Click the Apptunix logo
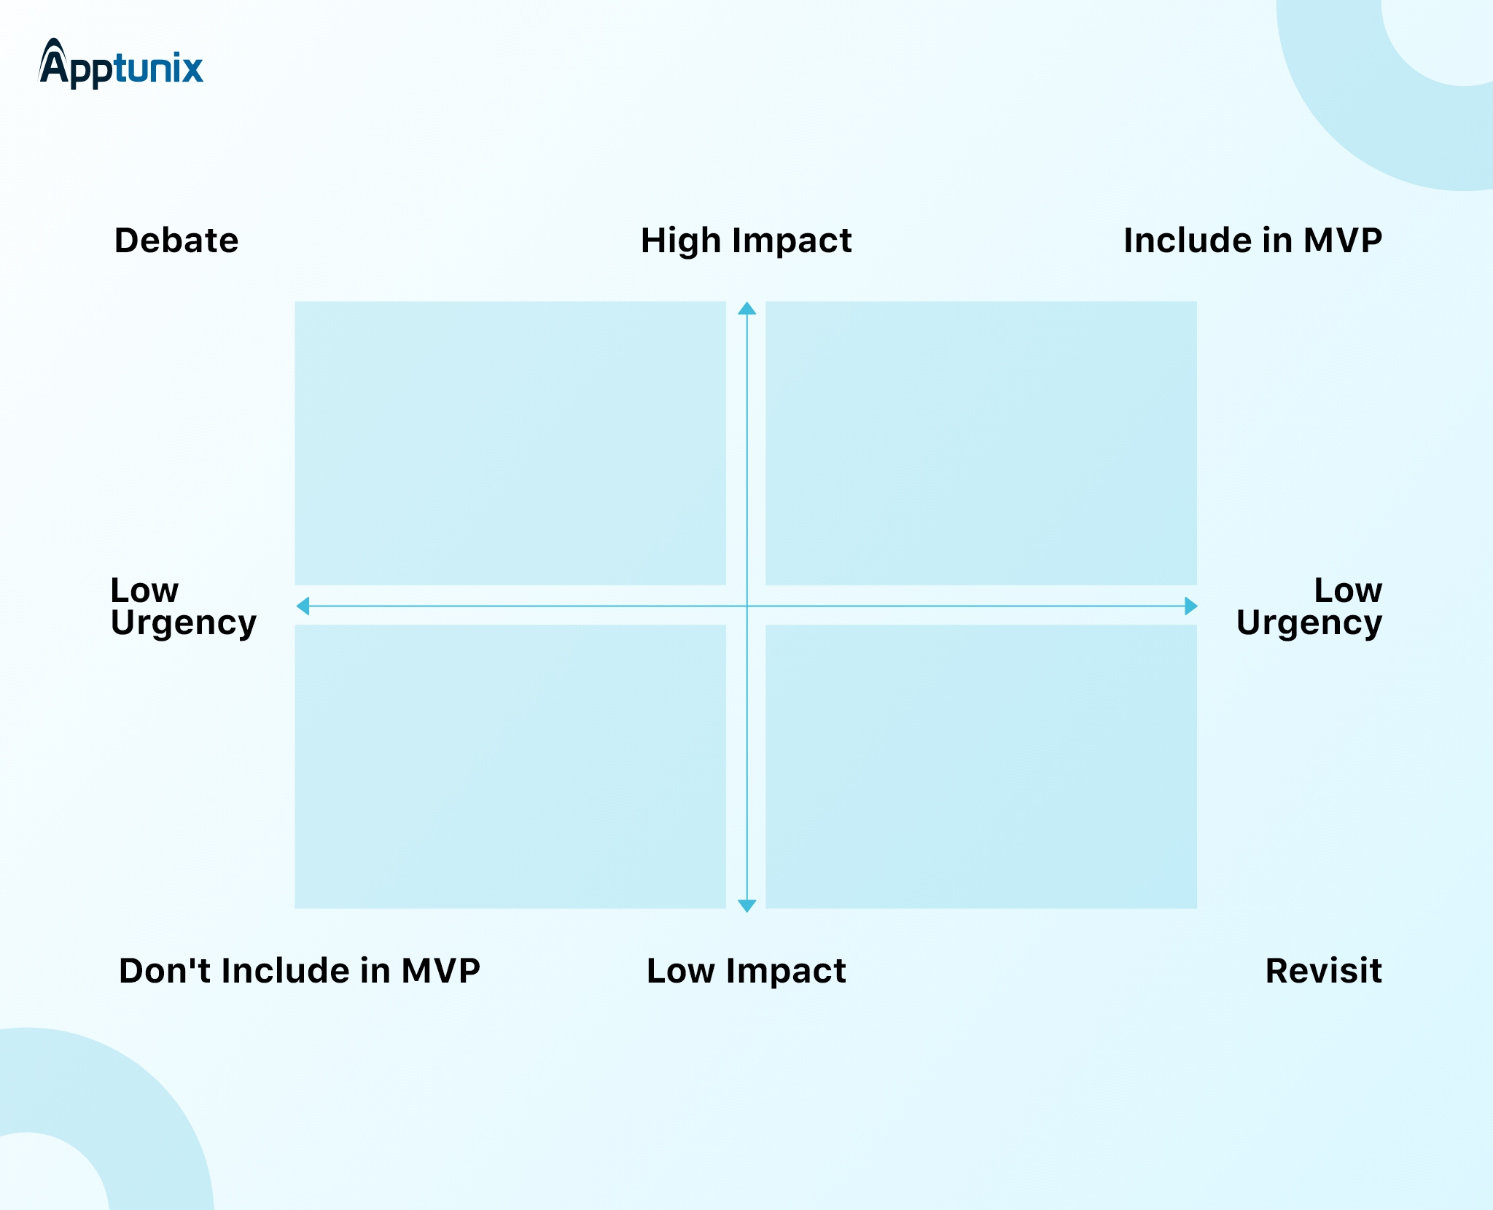tap(121, 63)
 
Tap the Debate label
tap(176, 241)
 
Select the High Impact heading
tap(746, 241)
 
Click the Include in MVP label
tap(1252, 241)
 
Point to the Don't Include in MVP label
tap(300, 971)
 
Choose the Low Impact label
tap(746, 972)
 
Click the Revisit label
tap(1323, 971)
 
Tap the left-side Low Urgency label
tap(184, 606)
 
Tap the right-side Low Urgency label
tap(1309, 606)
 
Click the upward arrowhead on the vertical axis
tap(747, 308)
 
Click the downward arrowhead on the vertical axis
tap(747, 905)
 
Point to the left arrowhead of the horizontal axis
tap(303, 606)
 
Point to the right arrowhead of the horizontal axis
tap(1190, 606)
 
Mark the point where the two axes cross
tap(747, 606)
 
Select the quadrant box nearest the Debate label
tap(510, 443)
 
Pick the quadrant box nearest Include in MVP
tap(981, 443)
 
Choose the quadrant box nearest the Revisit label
tap(981, 767)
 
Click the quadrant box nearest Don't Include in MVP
tap(510, 767)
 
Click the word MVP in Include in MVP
tap(1343, 241)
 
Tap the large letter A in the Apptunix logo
tap(54, 62)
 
